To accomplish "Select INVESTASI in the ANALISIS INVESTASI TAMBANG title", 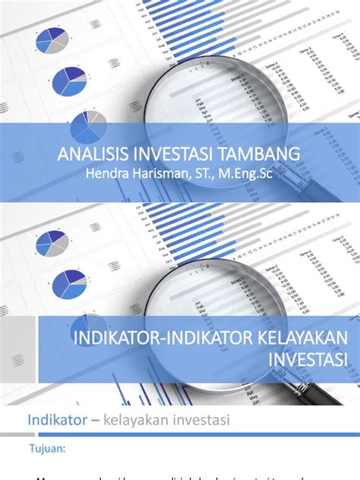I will coord(175,155).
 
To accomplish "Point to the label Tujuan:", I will coord(48,447).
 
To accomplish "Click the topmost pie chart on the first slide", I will coord(52,37).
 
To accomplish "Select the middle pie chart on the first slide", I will coord(70,82).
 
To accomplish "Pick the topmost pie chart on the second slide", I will coord(52,244).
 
